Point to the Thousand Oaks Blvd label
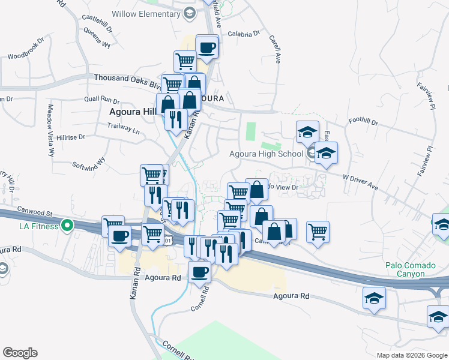pos(127,78)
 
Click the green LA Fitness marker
pos(67,226)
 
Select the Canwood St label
pos(36,212)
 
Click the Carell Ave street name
pos(275,49)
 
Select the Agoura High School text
pos(266,154)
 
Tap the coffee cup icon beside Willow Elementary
pos(206,47)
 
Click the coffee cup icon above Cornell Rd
pos(199,272)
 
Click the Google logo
pos(20,353)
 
